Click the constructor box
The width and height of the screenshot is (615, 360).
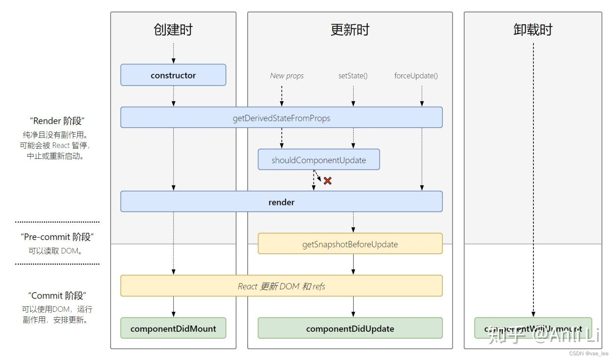pos(173,75)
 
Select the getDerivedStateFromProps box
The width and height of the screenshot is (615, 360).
pos(281,118)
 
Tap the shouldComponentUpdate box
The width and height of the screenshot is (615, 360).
pos(319,160)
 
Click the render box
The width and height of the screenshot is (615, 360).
pos(281,202)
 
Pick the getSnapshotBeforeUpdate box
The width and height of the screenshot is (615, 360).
pos(350,244)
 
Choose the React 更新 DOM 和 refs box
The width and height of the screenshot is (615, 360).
pos(281,286)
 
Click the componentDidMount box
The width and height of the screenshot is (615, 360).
pos(173,328)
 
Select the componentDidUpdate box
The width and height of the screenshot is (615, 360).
pos(350,328)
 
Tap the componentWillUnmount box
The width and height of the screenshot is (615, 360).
pos(533,328)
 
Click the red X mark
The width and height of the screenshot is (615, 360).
pos(328,181)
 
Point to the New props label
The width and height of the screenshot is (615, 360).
pos(287,76)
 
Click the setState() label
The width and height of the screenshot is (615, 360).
pos(353,76)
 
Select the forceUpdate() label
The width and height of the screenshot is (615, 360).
pos(416,76)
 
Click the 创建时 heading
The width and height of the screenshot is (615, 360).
pos(173,29)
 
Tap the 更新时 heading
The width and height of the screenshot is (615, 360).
pos(350,29)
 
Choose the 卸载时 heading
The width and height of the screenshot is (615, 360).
pos(533,29)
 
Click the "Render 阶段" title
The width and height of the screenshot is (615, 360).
pos(57,121)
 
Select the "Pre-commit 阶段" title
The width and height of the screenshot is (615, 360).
pos(57,237)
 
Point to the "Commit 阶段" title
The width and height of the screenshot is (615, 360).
pos(57,296)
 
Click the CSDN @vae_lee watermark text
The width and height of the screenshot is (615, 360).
pos(589,354)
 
